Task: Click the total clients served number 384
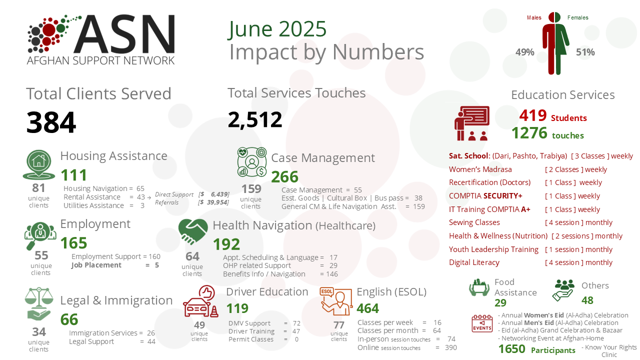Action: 51,122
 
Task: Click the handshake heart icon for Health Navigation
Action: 193,231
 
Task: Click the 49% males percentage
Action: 525,52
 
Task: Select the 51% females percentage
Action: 585,52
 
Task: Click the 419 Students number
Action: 533,116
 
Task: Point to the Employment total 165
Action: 74,243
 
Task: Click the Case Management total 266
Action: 284,177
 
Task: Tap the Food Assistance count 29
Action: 500,302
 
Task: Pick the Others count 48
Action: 587,300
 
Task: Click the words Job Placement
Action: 96,265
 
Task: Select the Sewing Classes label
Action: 474,222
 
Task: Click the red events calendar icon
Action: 482,323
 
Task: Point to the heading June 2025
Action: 277,29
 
